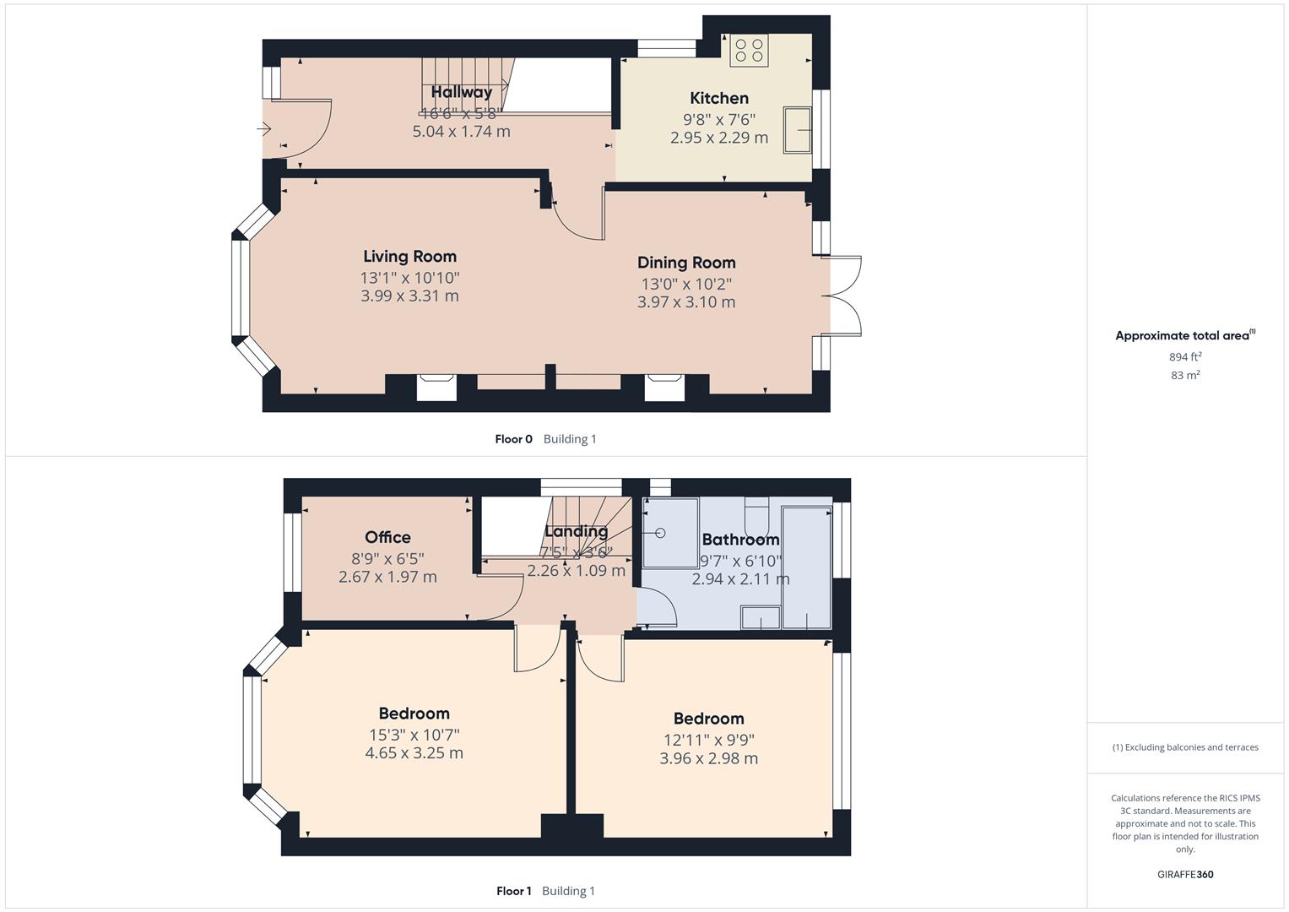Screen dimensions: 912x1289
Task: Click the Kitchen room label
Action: [x=719, y=98]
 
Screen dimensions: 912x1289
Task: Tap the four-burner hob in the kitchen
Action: [x=749, y=50]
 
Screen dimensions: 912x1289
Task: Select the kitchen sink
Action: [x=797, y=129]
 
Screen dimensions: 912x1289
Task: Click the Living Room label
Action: [x=409, y=256]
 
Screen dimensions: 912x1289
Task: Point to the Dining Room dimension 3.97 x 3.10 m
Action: [x=685, y=301]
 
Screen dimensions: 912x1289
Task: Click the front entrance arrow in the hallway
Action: [x=264, y=129]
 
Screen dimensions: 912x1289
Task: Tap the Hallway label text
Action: [x=461, y=92]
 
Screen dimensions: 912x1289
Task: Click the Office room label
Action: [x=387, y=537]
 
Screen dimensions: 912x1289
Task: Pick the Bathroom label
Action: [x=740, y=539]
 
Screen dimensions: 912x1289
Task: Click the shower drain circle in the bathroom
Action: [x=660, y=533]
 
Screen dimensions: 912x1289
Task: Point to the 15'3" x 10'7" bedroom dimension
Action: [x=414, y=735]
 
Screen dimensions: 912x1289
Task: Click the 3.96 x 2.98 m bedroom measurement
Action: [x=708, y=758]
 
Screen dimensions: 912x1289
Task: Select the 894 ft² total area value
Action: [x=1184, y=356]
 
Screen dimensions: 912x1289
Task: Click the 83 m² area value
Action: [x=1184, y=375]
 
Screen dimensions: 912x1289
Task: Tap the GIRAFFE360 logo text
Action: [x=1184, y=874]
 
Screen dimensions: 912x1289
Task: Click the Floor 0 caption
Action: [x=513, y=439]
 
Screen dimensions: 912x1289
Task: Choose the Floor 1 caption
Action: [x=513, y=891]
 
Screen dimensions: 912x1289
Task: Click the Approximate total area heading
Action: [x=1182, y=335]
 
